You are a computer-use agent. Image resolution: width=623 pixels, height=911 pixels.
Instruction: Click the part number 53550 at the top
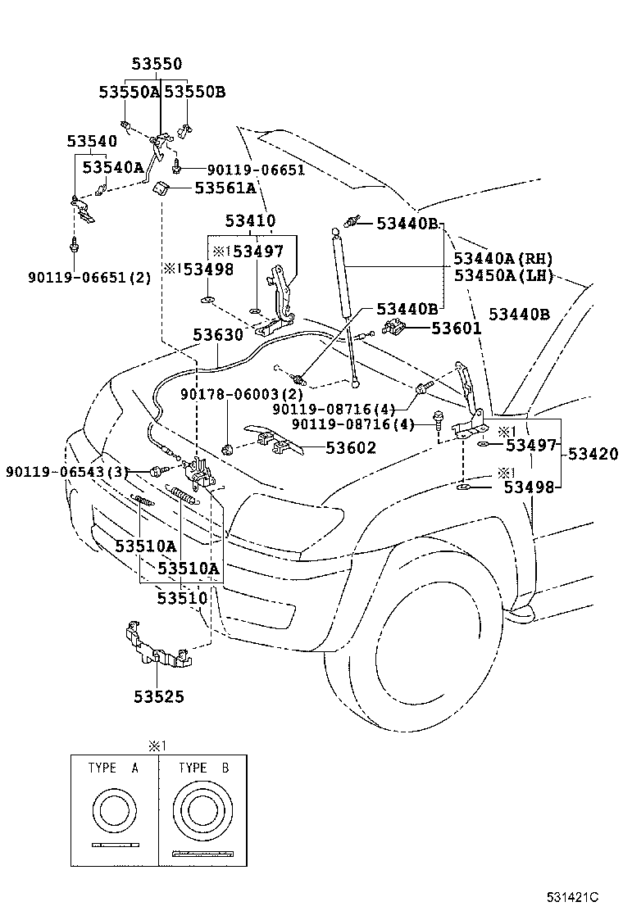(157, 65)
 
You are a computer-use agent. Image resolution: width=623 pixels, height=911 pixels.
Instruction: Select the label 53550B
(194, 92)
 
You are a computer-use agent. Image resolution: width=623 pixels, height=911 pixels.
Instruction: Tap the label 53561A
(225, 188)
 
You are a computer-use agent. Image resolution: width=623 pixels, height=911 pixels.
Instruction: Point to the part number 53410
(251, 221)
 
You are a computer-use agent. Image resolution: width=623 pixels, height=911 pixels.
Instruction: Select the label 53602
(351, 447)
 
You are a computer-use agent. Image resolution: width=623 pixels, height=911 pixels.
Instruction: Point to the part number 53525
(159, 697)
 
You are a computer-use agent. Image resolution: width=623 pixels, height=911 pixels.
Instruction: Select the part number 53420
(593, 454)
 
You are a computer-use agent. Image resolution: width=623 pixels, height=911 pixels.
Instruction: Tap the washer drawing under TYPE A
(116, 811)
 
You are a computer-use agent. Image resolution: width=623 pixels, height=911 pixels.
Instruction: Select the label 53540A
(113, 168)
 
